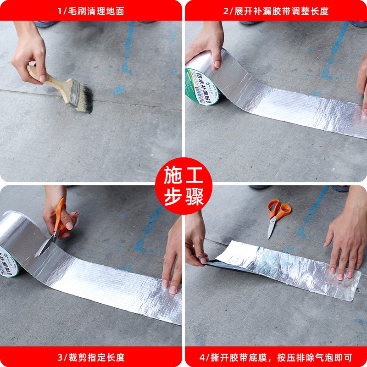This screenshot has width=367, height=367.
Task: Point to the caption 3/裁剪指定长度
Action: coord(90,357)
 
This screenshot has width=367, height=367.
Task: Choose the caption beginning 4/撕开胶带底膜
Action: coord(276,357)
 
